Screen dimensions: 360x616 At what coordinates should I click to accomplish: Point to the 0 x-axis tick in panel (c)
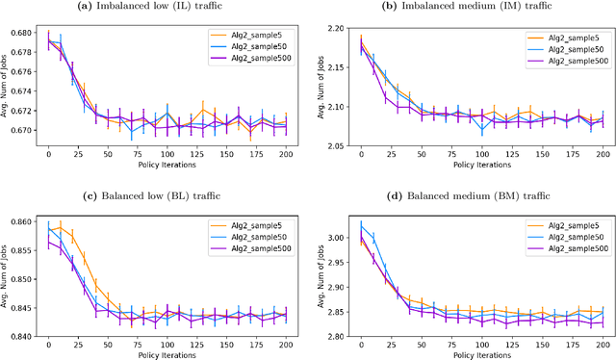pyautogui.click(x=48, y=343)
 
